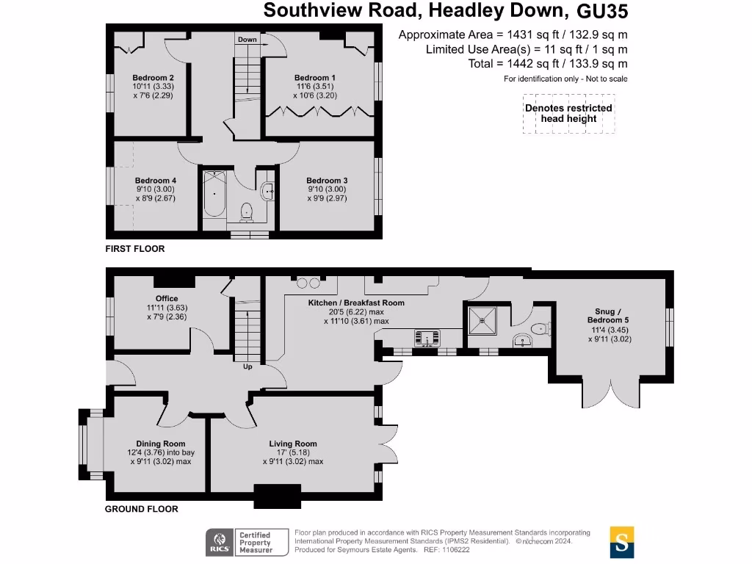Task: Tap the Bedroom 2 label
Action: pos(153,78)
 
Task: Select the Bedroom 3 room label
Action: pos(327,181)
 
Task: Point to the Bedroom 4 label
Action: pos(155,181)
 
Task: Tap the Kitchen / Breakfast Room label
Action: pos(356,303)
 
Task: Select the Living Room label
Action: pos(292,444)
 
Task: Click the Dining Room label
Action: pos(160,444)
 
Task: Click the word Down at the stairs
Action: pos(247,40)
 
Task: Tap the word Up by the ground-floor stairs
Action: pos(247,366)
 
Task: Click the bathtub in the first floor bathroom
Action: pos(214,194)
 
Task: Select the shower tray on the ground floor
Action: pos(483,320)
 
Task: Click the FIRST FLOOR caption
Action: pos(135,249)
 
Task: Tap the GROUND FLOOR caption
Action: pos(141,509)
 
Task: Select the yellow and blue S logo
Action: pos(622,542)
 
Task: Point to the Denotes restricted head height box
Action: pos(568,113)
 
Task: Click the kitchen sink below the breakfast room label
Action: pos(426,338)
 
